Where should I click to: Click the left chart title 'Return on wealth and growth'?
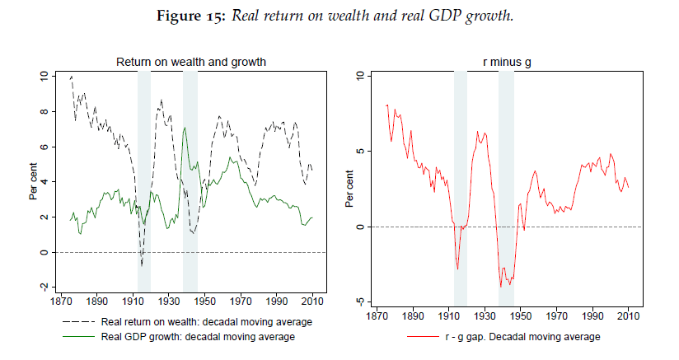coord(190,62)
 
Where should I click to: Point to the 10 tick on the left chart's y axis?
coord(44,76)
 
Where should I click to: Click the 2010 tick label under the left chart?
coord(313,302)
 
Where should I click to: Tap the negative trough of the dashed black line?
coord(142,265)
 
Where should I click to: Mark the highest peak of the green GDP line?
coord(186,128)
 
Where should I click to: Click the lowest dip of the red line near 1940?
coord(500,286)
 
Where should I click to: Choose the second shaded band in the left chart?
coord(190,181)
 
